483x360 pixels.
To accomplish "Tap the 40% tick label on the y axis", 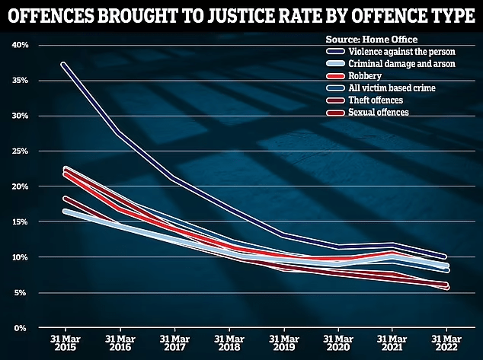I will point(20,45).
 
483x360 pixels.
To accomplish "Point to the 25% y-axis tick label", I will point(20,151).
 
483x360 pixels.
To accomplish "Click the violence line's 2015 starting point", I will point(63,64).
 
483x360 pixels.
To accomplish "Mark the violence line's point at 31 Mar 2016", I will point(118,134).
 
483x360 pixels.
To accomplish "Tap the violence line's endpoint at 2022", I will point(446,256).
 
